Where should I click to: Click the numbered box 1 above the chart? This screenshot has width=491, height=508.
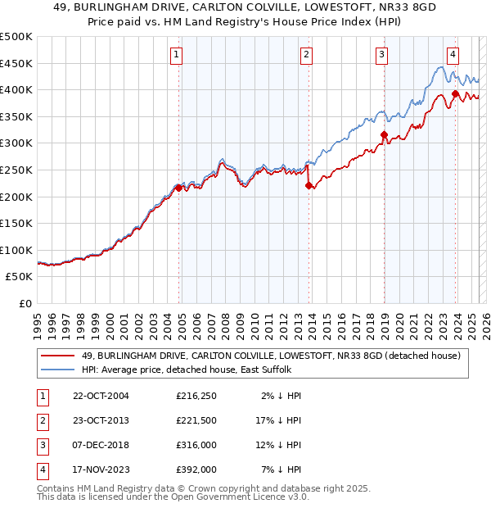(x=177, y=55)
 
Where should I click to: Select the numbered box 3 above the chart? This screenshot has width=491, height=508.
(x=382, y=55)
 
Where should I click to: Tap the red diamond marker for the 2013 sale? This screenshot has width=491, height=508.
(x=309, y=186)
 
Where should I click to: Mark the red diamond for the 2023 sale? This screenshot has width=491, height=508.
(x=455, y=94)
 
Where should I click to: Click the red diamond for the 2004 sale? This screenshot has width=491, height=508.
(x=178, y=188)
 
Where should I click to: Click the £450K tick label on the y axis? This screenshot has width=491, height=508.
(x=16, y=63)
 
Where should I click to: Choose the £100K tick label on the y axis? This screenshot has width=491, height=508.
(x=16, y=250)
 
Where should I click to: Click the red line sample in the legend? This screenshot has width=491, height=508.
(x=58, y=356)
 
